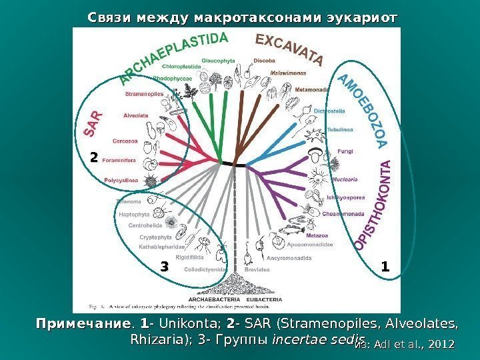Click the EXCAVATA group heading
[x=288, y=50]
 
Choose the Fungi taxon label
[x=345, y=151]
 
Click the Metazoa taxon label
[x=316, y=236]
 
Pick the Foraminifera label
[x=119, y=160]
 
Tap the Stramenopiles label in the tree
[x=143, y=94]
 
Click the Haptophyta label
[x=133, y=215]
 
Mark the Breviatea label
[x=257, y=270]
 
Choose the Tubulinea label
[x=339, y=131]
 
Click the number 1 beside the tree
[x=385, y=267]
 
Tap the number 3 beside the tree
[x=164, y=267]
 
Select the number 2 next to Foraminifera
[x=94, y=157]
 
